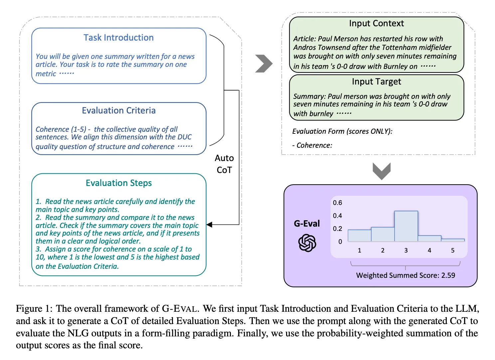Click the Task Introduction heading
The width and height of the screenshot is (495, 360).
click(118, 38)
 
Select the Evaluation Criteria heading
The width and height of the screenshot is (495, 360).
click(118, 110)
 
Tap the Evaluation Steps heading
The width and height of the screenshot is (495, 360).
click(118, 183)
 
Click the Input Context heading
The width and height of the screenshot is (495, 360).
click(376, 23)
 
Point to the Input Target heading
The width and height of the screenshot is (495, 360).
click(376, 82)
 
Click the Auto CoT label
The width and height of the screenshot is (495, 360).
click(224, 164)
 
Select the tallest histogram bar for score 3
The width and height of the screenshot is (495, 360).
click(406, 226)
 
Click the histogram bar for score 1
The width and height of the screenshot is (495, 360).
click(359, 236)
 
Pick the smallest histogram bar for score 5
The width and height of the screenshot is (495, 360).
click(453, 240)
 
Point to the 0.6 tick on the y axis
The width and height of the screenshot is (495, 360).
click(337, 203)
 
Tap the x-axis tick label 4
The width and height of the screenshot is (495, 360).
click(429, 251)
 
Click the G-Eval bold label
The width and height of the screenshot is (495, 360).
click(307, 224)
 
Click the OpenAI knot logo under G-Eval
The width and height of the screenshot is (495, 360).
click(307, 243)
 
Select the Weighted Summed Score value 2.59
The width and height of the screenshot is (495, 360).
click(448, 275)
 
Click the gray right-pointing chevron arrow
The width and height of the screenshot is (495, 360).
click(264, 64)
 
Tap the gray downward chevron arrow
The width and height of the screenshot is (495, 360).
click(382, 171)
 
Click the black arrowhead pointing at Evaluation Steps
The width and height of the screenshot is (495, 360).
click(210, 225)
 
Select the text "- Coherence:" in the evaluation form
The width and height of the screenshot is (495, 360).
click(312, 145)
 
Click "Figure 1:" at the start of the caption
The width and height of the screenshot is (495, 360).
click(34, 309)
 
